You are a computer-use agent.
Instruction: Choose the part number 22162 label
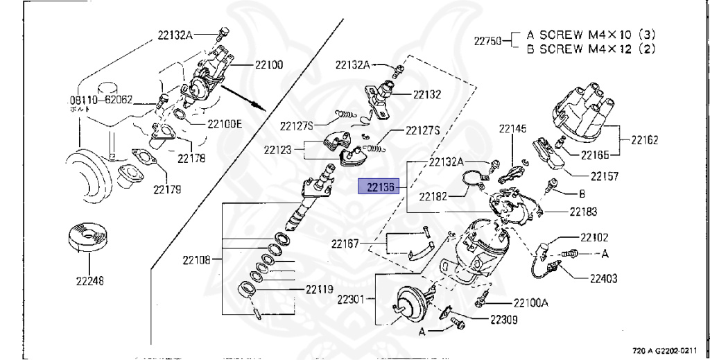tap(645, 139)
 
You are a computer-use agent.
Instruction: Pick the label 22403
tap(604, 279)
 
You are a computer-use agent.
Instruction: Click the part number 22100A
tap(530, 302)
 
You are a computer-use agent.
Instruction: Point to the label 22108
tap(197, 261)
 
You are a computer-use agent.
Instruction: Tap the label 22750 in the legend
tap(488, 41)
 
